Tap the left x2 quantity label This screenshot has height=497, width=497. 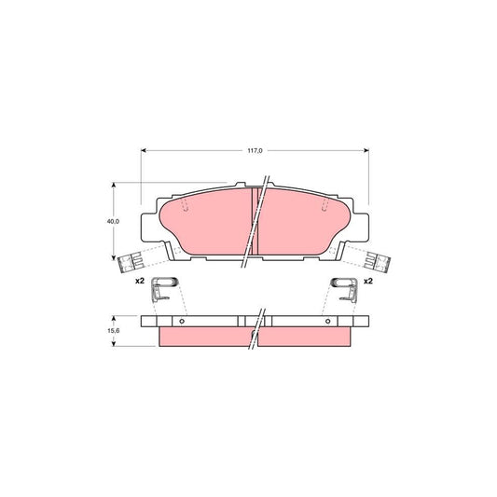point(137,281)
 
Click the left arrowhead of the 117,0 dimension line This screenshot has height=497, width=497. point(144,149)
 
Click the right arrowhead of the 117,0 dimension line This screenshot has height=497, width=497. point(366,149)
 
